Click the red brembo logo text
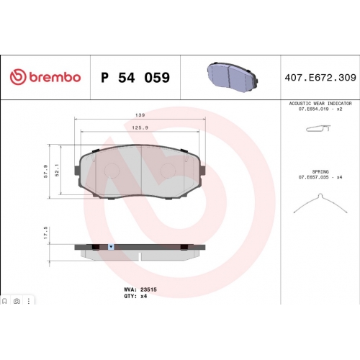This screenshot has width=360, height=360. pyautogui.click(x=55, y=77)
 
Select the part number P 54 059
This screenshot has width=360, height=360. pyautogui.click(x=135, y=78)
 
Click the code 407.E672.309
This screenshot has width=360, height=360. pyautogui.click(x=320, y=78)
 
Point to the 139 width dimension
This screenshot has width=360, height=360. pyautogui.click(x=140, y=115)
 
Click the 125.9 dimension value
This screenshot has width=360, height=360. pyautogui.click(x=140, y=127)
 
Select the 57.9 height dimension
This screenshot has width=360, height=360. pyautogui.click(x=45, y=171)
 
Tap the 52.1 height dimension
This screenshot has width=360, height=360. pyautogui.click(x=57, y=170)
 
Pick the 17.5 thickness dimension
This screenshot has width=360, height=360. pyautogui.click(x=45, y=233)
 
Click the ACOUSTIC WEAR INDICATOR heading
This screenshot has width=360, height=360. pyautogui.click(x=320, y=104)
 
